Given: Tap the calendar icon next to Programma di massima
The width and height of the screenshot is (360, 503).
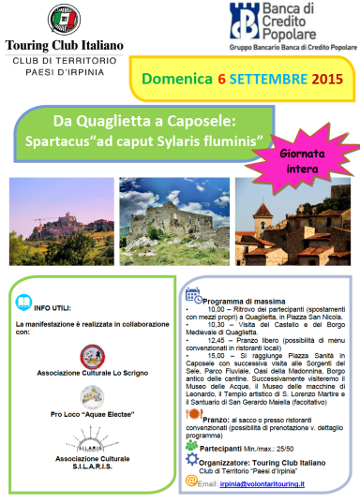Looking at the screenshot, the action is point(194,294).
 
